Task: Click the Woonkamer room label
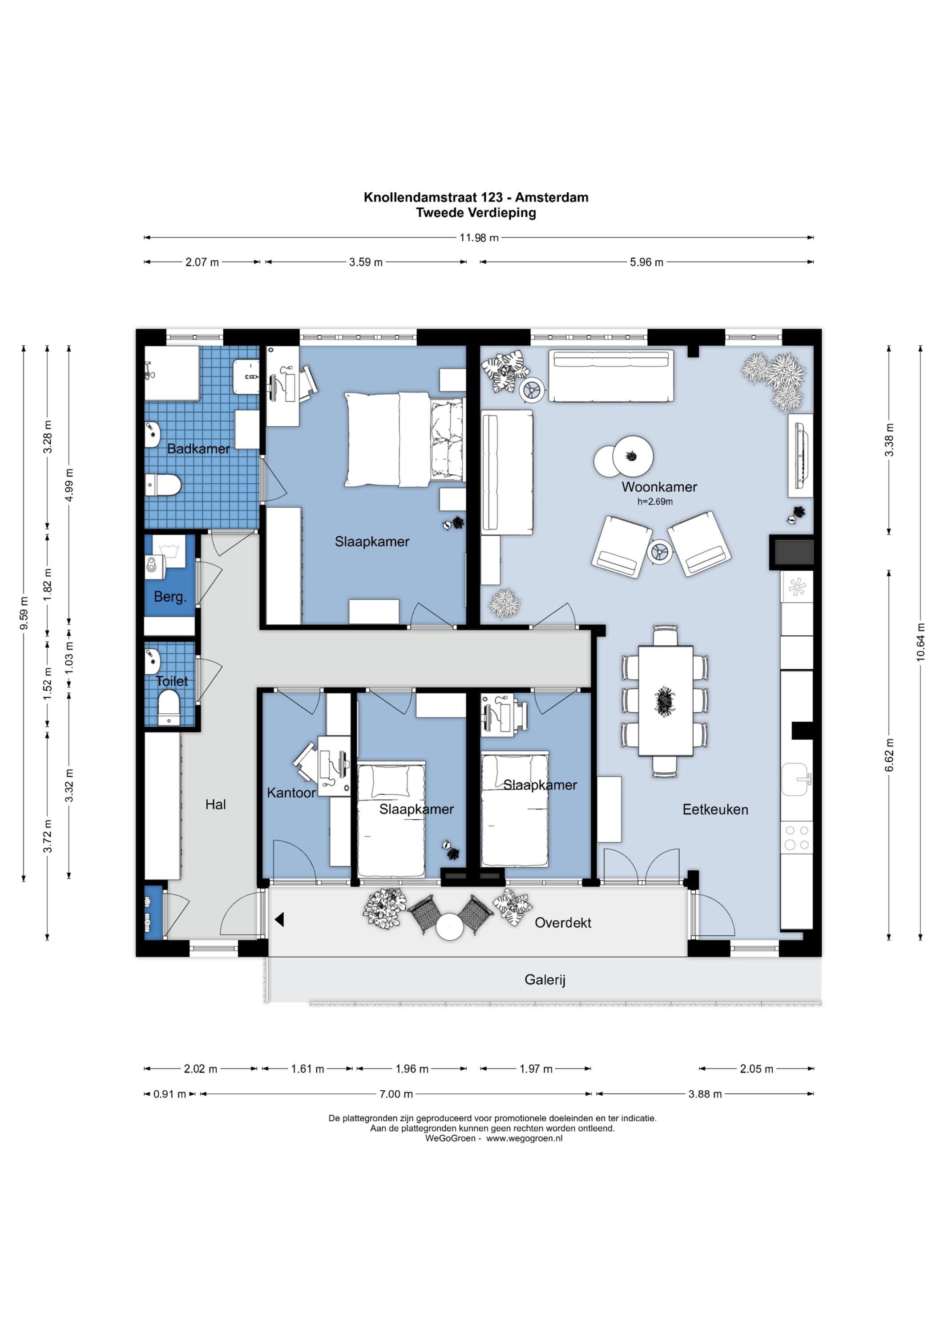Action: [659, 487]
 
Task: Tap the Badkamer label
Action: [198, 449]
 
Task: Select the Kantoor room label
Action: [291, 793]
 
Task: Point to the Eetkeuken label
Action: [715, 809]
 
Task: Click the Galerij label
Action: [545, 980]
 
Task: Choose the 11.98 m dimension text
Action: [479, 237]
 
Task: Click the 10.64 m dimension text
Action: [920, 643]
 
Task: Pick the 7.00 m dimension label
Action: [396, 1094]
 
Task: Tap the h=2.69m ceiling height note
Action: [655, 502]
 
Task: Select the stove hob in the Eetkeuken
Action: [797, 838]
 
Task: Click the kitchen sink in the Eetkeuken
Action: [796, 779]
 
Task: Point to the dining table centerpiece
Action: [665, 701]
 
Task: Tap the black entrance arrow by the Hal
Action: [279, 919]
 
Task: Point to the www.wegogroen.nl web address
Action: [524, 1138]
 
